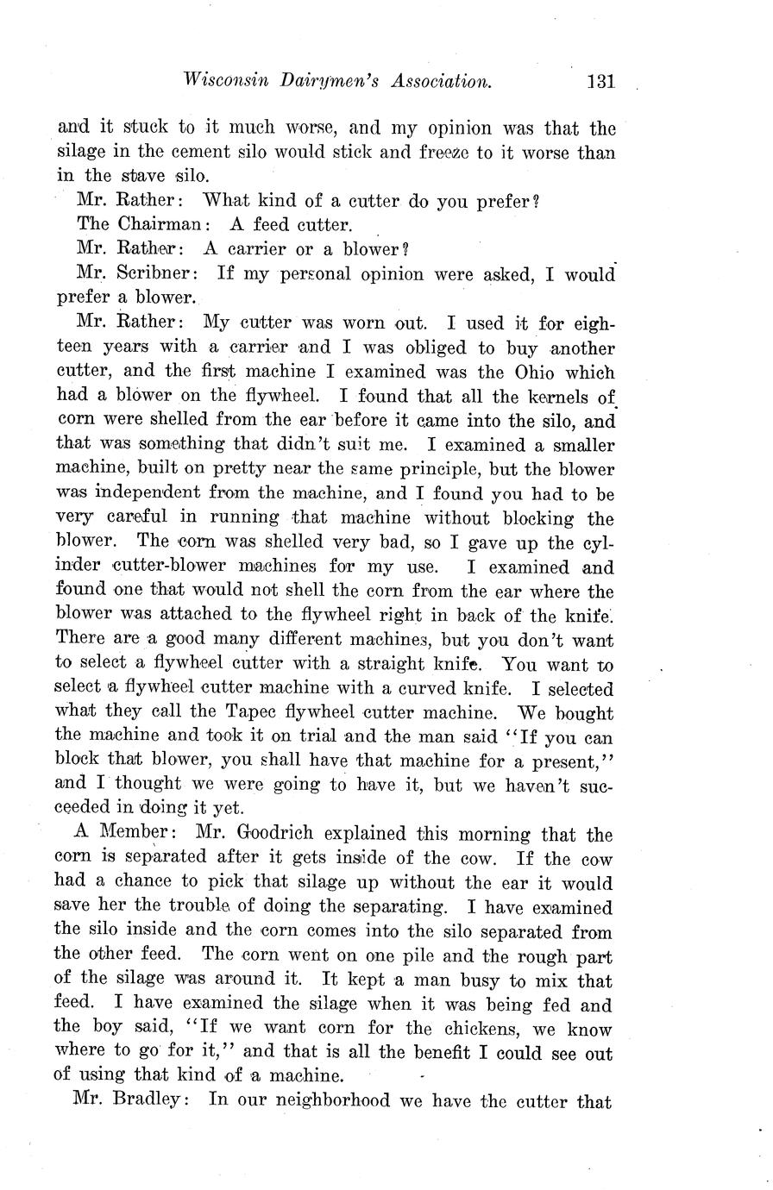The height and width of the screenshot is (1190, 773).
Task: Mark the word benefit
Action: click(x=449, y=1053)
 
